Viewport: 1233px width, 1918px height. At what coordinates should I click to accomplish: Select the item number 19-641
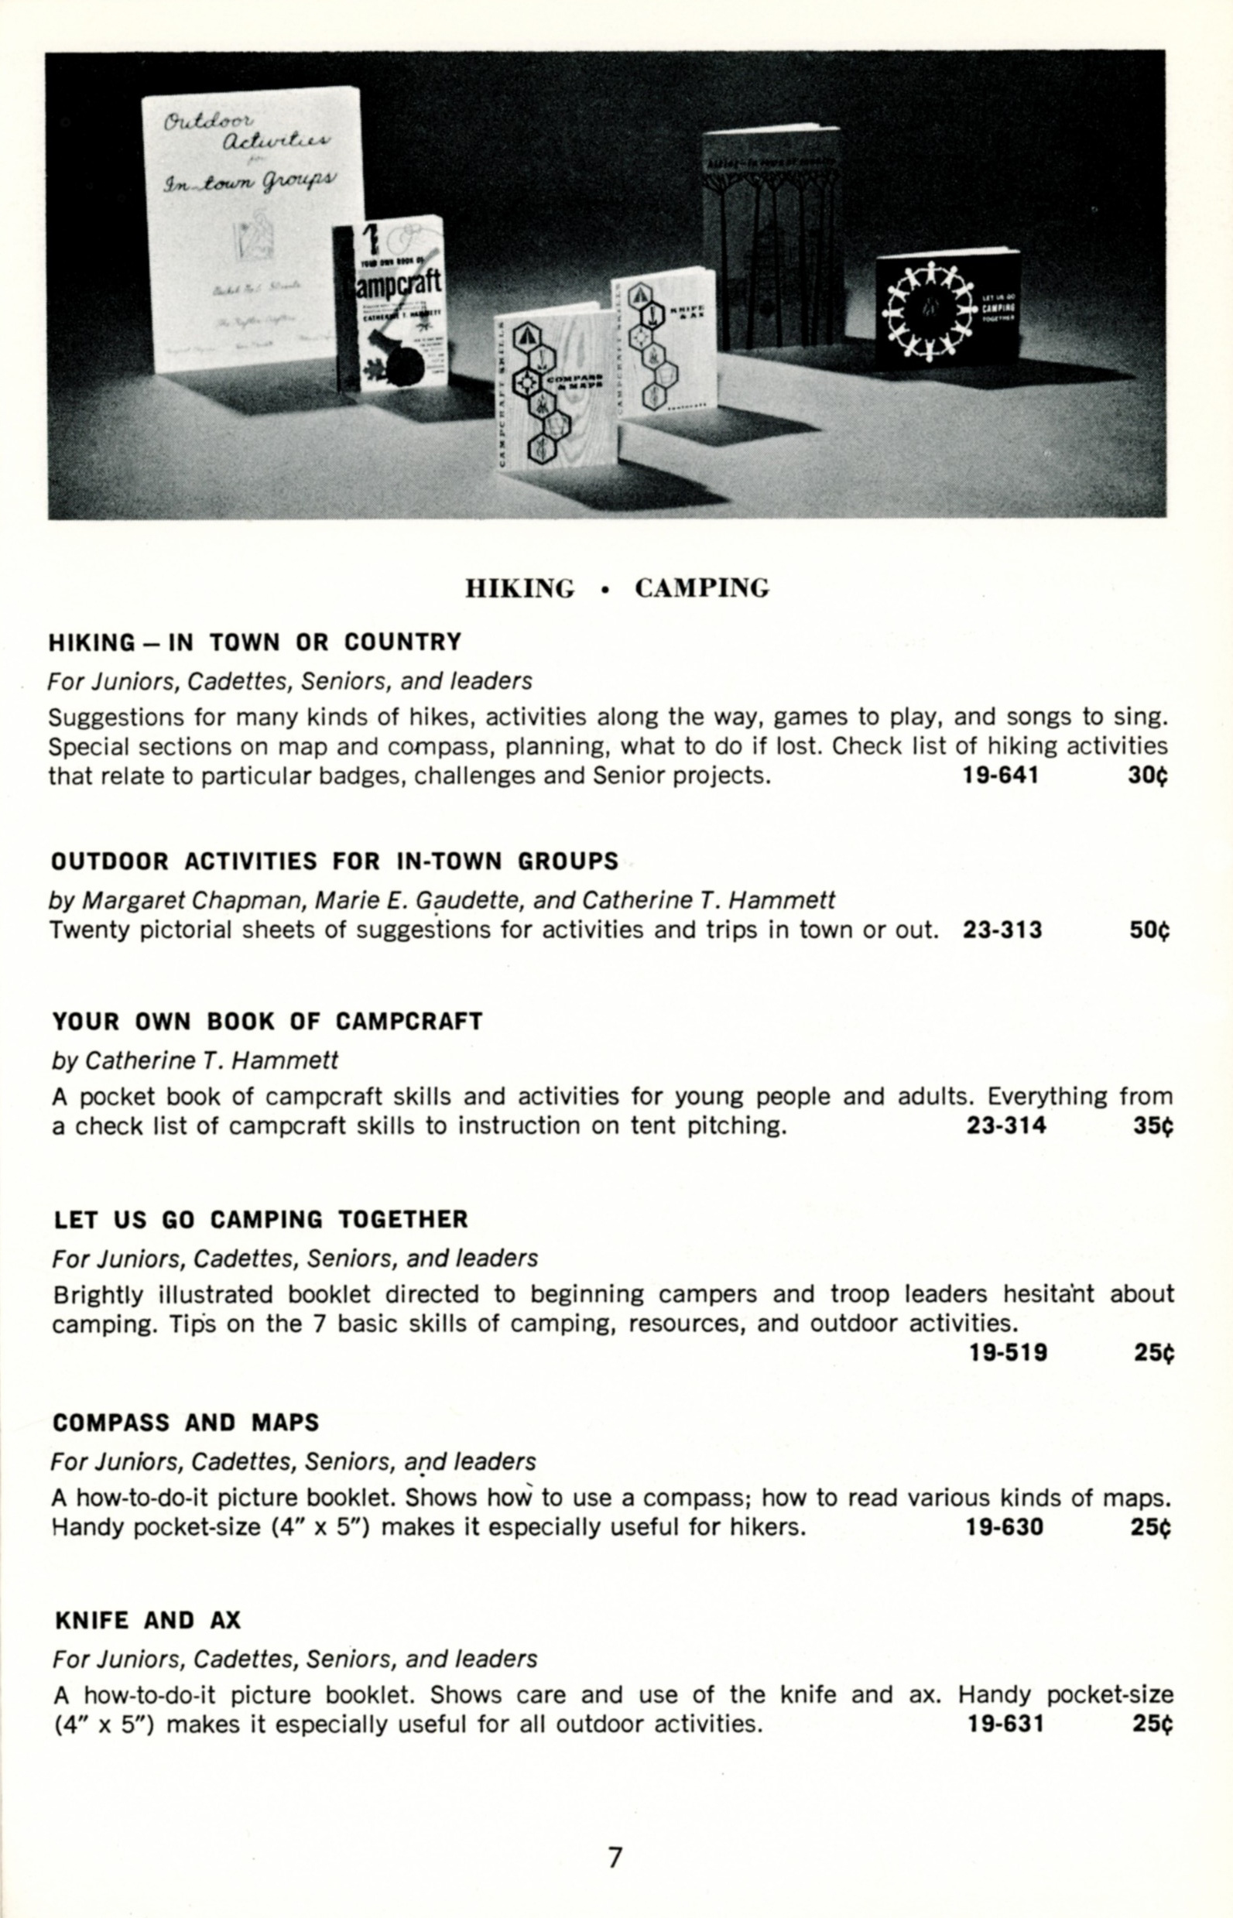tap(1000, 776)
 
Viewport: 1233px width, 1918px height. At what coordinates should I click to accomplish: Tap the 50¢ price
tap(1149, 930)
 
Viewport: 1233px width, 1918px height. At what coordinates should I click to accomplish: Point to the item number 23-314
tap(1005, 1126)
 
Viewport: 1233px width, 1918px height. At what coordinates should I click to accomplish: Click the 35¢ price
tap(1153, 1126)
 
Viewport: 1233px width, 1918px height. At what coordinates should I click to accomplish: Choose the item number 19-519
tap(1008, 1353)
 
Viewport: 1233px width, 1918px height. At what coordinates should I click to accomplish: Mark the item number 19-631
tap(1005, 1724)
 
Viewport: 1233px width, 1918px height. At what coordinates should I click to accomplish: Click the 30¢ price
tap(1147, 776)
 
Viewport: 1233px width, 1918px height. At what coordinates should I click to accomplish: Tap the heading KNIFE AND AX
tap(148, 1621)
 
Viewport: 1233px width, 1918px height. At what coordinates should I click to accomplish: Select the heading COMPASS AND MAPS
tap(186, 1423)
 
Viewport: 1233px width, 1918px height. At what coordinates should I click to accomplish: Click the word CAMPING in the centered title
tap(701, 588)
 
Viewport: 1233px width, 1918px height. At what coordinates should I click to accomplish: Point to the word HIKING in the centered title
tap(520, 588)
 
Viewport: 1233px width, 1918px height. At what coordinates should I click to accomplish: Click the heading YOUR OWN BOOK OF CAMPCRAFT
tap(267, 1022)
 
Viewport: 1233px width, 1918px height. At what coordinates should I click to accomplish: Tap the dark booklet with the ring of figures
tap(947, 309)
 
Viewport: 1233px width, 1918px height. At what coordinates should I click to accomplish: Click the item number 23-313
tap(1002, 930)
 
